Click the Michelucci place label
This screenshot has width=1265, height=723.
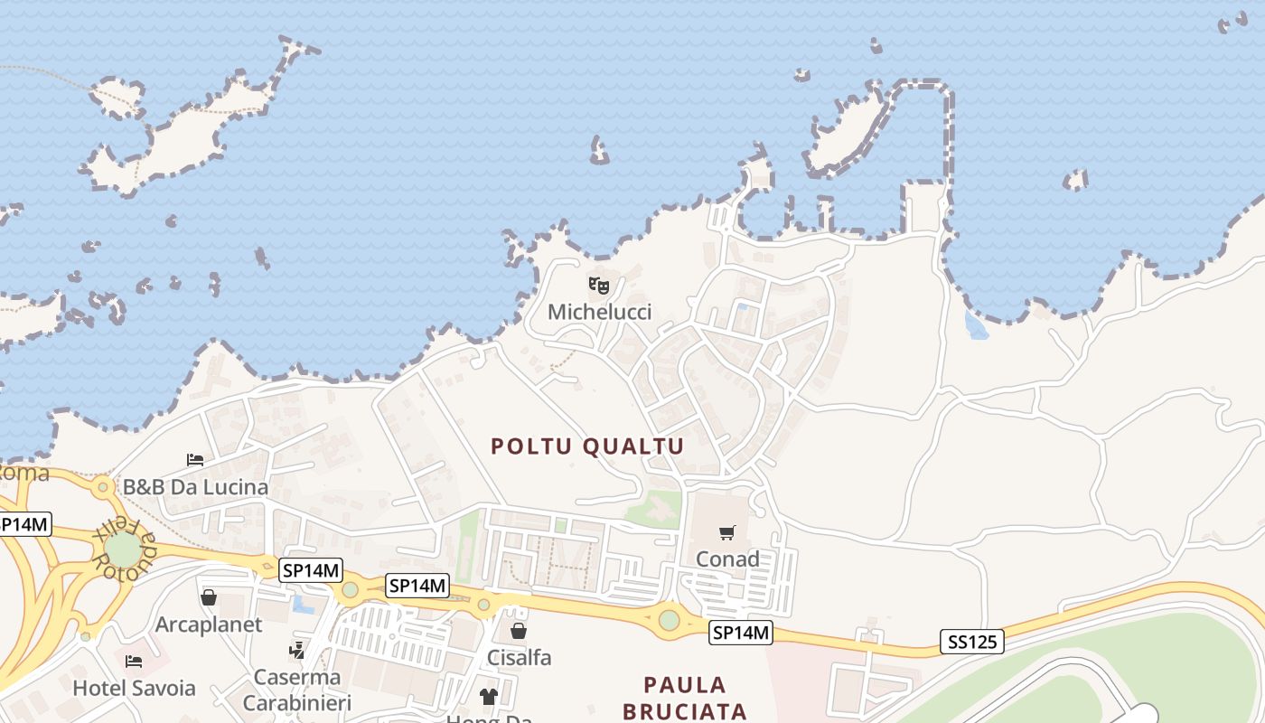(599, 313)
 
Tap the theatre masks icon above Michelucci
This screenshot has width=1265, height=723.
(599, 286)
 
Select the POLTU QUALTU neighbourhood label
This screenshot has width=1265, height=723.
(587, 446)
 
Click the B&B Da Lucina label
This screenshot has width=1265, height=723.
(195, 487)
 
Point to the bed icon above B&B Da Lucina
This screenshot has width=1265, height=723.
(195, 459)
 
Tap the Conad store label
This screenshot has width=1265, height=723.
(727, 559)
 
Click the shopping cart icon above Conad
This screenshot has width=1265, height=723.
(727, 532)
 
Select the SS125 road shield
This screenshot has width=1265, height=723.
(971, 643)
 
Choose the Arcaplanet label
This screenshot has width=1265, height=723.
(209, 624)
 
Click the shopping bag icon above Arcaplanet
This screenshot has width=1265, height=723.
(209, 597)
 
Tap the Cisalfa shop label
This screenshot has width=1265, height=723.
(519, 657)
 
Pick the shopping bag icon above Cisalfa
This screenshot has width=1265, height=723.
(519, 630)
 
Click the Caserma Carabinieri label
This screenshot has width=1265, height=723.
(297, 690)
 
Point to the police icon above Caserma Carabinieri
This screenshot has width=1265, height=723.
(296, 649)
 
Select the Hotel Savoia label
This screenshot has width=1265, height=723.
(134, 688)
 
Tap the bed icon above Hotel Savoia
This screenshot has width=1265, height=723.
(134, 661)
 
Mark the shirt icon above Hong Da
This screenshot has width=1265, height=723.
(489, 696)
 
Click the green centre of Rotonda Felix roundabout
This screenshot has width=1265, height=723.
(123, 549)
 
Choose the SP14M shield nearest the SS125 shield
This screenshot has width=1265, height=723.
(741, 633)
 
